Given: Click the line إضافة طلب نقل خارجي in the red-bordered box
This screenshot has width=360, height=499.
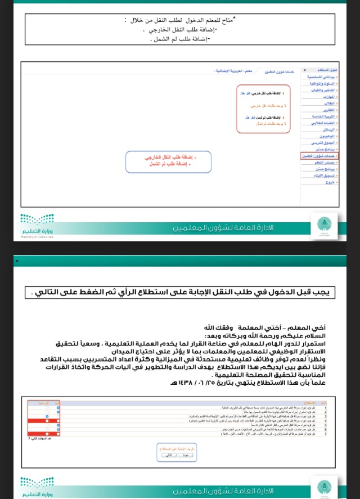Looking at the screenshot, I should click(265, 94).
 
